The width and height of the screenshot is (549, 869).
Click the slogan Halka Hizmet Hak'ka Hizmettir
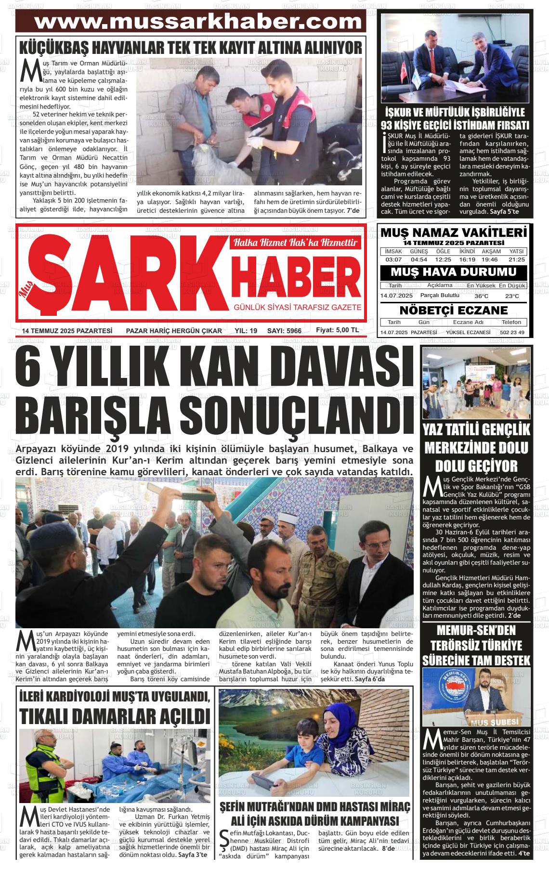click(x=295, y=243)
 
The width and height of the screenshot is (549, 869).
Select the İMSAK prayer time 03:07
click(x=393, y=259)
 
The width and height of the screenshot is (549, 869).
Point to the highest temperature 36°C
click(x=481, y=296)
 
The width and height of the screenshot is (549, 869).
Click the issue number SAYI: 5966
click(x=284, y=331)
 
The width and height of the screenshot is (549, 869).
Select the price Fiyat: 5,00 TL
click(x=337, y=330)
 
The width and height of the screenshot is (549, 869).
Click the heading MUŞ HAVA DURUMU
click(x=453, y=272)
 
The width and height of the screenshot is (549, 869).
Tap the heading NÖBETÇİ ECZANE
click(x=454, y=310)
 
